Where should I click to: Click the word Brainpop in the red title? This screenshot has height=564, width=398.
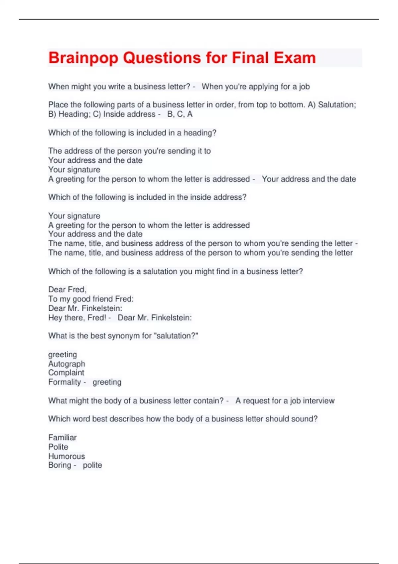83,58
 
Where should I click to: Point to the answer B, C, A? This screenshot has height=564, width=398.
180,114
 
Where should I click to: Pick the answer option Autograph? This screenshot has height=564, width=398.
67,364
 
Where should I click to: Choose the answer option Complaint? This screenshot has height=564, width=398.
66,373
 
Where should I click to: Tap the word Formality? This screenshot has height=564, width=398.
65,382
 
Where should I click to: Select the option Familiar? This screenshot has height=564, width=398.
62,438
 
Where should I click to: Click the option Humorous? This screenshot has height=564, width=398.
67,456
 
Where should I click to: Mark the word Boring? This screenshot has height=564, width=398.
60,465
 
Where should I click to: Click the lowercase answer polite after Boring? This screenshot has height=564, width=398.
92,465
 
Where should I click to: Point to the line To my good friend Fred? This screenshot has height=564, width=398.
91,299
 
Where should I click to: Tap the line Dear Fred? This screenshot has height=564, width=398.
67,290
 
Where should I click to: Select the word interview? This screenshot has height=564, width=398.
319,401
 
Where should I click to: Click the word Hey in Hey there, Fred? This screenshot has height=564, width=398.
55,318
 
